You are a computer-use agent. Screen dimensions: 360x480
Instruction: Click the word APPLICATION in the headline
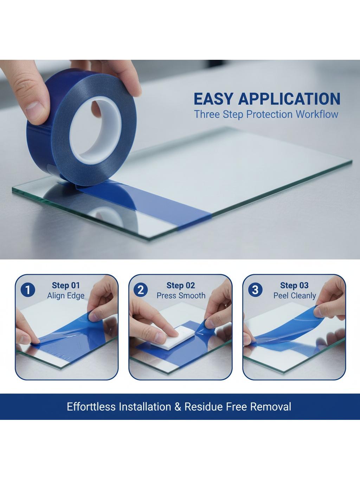point(289,99)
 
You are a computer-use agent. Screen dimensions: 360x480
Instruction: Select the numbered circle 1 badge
point(28,290)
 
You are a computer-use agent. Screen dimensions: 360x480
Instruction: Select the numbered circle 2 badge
point(140,290)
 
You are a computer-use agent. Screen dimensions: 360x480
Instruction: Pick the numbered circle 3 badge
point(255,290)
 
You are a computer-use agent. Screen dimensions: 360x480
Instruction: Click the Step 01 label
point(66,286)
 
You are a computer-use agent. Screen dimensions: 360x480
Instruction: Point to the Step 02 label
point(181,286)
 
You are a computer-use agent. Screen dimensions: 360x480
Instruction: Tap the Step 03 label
point(294,286)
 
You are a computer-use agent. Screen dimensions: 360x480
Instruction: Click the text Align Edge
point(66,296)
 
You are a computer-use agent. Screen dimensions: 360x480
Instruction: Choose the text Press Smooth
point(181,296)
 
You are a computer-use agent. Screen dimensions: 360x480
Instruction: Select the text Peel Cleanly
point(295,296)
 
